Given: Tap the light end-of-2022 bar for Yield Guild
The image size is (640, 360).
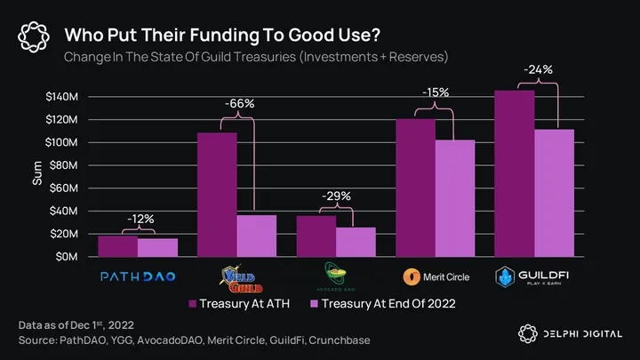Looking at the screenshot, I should point(256,236).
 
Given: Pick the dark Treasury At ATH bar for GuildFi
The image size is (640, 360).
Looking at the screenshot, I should point(515,173).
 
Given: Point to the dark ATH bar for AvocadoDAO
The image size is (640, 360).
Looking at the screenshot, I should point(316,236).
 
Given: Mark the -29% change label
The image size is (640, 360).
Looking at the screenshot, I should point(336,196).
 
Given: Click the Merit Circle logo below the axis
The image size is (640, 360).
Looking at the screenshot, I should point(435,276).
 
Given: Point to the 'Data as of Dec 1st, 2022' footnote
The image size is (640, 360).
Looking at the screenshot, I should point(78,326).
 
